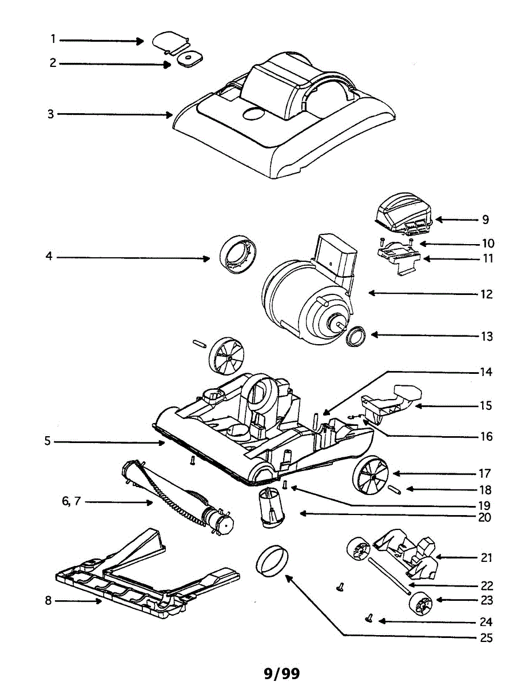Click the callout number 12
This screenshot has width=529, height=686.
point(486,294)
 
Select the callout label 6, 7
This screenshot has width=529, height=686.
point(71,502)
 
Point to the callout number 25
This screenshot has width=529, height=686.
point(486,637)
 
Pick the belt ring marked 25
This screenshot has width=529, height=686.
point(272,561)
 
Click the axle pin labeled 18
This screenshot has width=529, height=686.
point(393,489)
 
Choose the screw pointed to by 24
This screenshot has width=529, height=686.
point(368,618)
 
